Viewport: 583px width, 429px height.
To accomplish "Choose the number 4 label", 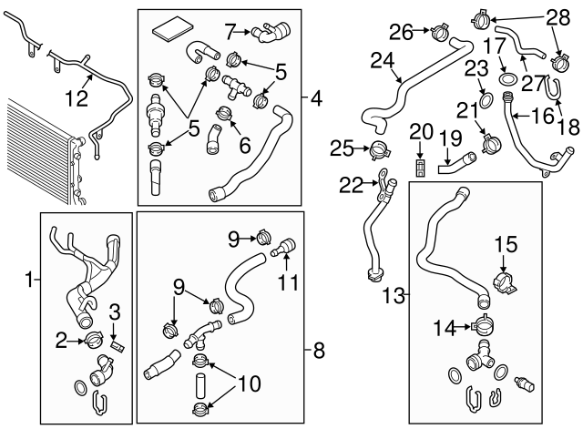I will point(315,97).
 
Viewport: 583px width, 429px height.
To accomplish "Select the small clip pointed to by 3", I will point(116,344).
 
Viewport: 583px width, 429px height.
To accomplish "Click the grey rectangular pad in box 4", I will point(170,30).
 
